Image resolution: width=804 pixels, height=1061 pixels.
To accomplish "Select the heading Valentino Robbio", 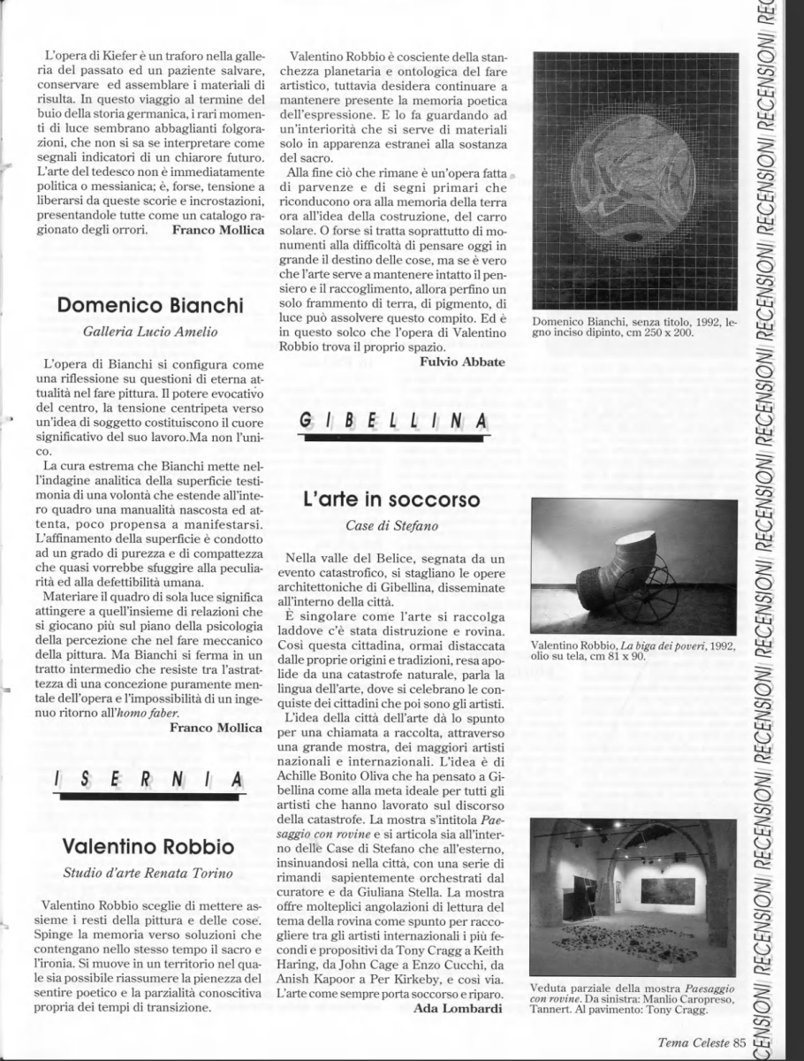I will tap(148, 846).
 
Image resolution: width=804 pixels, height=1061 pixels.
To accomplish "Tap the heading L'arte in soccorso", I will tap(391, 499).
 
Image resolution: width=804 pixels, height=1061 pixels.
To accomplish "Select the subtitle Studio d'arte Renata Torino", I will tap(148, 874).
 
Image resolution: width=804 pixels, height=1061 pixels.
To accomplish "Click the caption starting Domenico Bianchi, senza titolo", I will tap(632, 326).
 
